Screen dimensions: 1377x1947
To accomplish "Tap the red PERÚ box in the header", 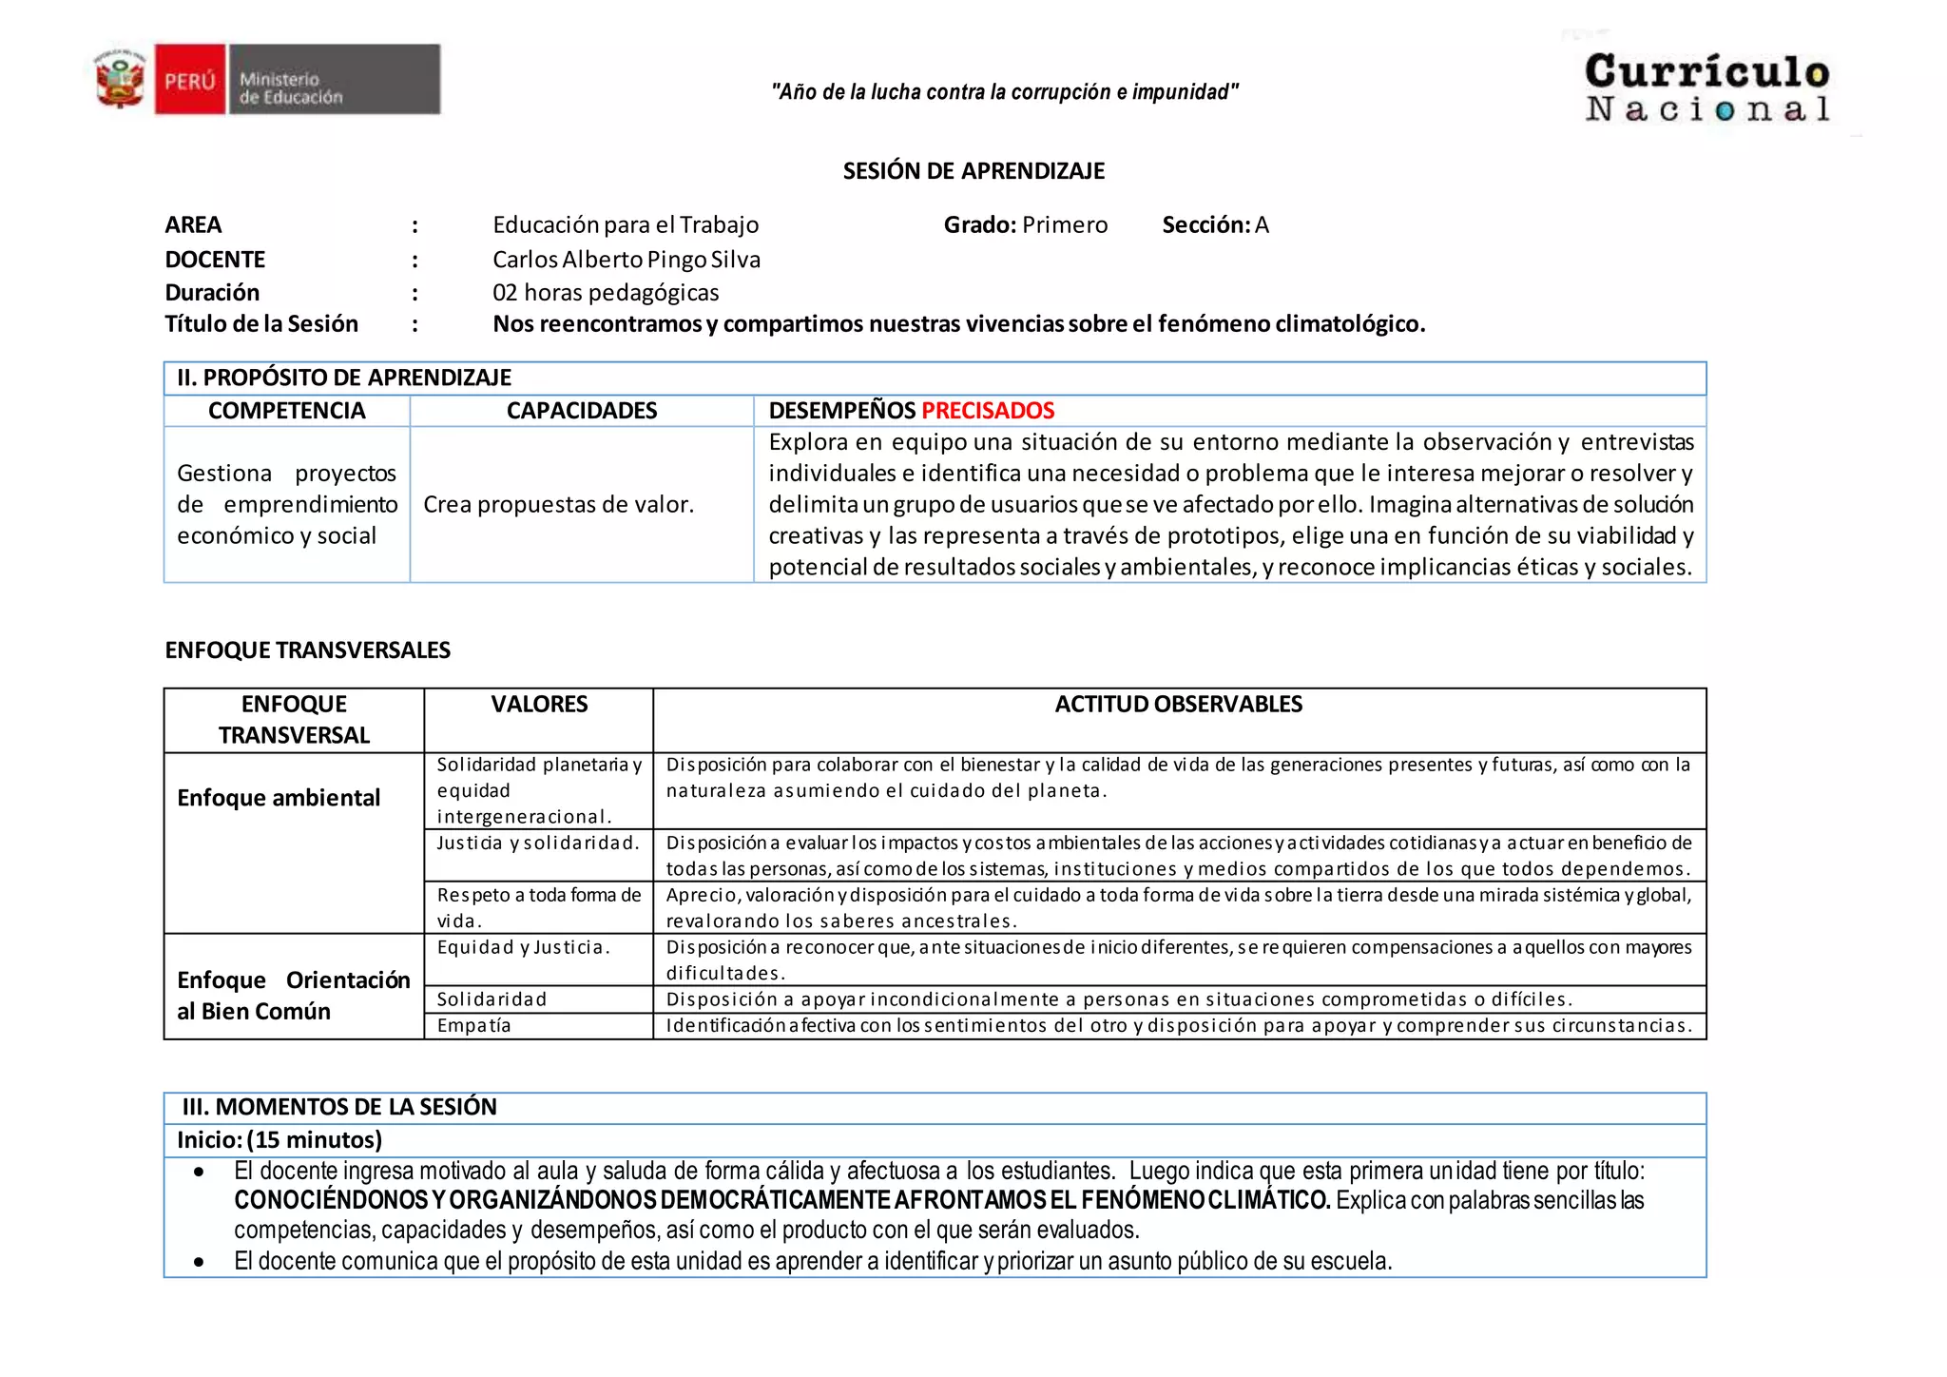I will click(190, 81).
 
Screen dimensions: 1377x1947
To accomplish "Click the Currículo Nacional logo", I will click(1706, 87).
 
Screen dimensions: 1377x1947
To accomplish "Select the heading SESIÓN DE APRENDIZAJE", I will click(973, 171).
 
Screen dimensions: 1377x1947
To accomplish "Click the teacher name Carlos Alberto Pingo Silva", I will click(626, 260).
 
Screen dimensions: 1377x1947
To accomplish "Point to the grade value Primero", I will click(1065, 225).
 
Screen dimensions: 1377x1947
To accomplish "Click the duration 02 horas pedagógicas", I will click(606, 293).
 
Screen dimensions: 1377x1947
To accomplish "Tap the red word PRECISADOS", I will click(988, 411).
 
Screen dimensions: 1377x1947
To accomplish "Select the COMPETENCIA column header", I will click(286, 411).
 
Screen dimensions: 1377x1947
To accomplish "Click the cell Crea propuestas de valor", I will click(558, 505).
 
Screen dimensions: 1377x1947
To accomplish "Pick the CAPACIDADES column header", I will click(581, 411).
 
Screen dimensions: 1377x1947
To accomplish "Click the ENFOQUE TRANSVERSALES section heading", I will click(307, 650).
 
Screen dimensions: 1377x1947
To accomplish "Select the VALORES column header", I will click(539, 705).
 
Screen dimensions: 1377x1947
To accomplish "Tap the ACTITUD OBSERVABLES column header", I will click(1178, 705).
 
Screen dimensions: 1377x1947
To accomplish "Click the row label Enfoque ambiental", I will click(279, 798).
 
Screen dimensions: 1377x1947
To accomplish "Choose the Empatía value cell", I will click(474, 1026).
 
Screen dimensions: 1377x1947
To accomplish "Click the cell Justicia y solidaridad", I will click(538, 844).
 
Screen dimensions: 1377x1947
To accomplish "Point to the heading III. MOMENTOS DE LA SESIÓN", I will click(339, 1107).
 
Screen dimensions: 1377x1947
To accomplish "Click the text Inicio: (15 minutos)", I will click(280, 1140).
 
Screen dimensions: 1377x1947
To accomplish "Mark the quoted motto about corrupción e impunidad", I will click(1005, 92).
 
